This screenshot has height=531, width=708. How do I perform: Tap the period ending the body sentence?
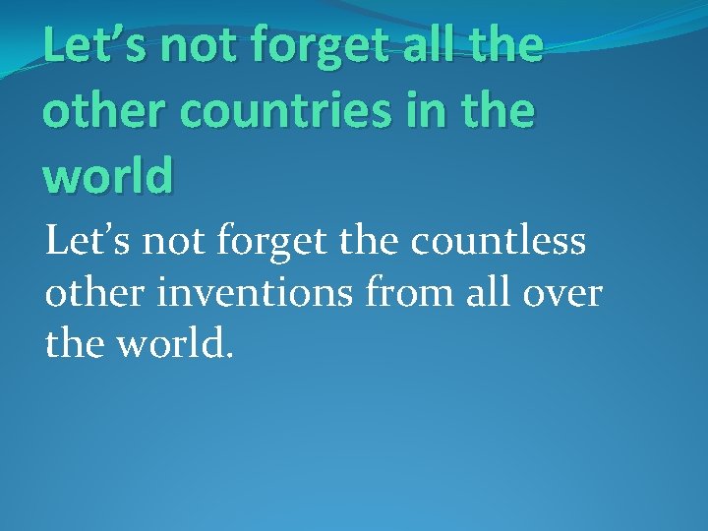tap(229, 355)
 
